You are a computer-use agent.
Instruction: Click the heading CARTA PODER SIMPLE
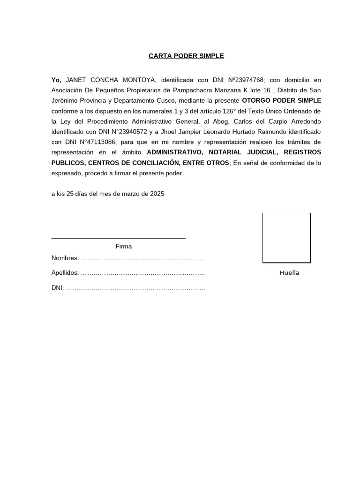point(186,56)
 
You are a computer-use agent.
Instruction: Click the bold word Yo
point(56,80)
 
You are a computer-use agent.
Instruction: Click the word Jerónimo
point(66,100)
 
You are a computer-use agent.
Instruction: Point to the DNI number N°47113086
point(89,142)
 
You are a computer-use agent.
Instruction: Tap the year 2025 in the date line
point(157,193)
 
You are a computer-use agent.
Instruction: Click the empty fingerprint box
point(286,237)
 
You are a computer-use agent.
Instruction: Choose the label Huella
point(289,273)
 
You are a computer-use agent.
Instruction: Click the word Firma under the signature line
point(124,246)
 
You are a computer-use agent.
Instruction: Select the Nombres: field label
point(65,258)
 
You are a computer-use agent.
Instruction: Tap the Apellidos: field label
point(65,273)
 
